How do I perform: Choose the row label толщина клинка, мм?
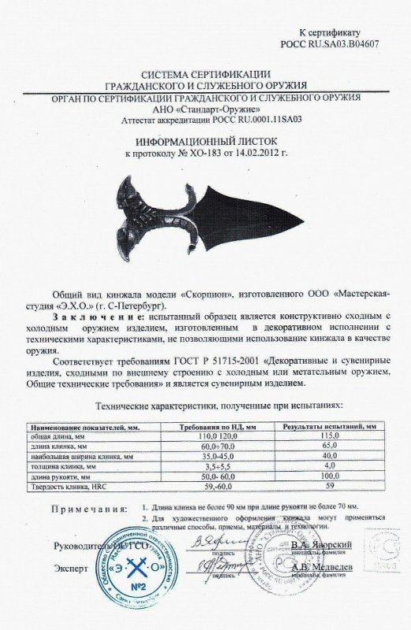(86, 466)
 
